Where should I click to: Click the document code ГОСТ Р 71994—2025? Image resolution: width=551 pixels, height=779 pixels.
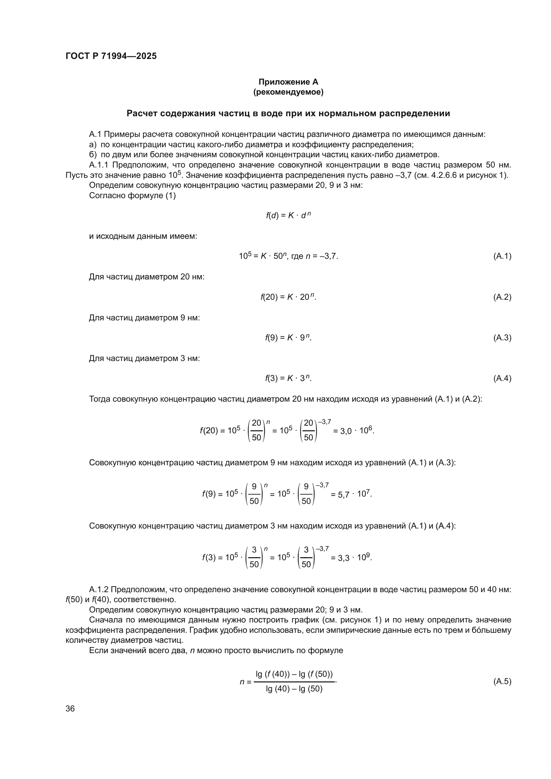coord(111,56)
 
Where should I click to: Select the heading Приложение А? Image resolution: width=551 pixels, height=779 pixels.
coord(288,82)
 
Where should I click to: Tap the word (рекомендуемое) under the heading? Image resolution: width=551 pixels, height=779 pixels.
coord(288,92)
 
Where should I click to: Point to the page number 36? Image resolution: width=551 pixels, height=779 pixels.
coord(70,708)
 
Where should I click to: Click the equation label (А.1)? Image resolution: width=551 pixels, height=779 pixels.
coord(502,256)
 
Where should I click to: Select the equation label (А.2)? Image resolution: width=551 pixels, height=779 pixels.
coord(502,297)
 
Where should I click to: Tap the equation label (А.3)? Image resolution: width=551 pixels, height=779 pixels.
coord(502,338)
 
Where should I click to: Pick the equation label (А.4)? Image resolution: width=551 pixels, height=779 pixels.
coord(502,378)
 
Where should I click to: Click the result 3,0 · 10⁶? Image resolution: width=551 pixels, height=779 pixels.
coord(354,431)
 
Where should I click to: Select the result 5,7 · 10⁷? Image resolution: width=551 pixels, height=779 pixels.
coord(351,494)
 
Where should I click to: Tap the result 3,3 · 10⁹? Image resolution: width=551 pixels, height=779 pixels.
coord(351,558)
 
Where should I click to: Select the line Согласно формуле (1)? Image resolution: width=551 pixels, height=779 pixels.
coord(132,196)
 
